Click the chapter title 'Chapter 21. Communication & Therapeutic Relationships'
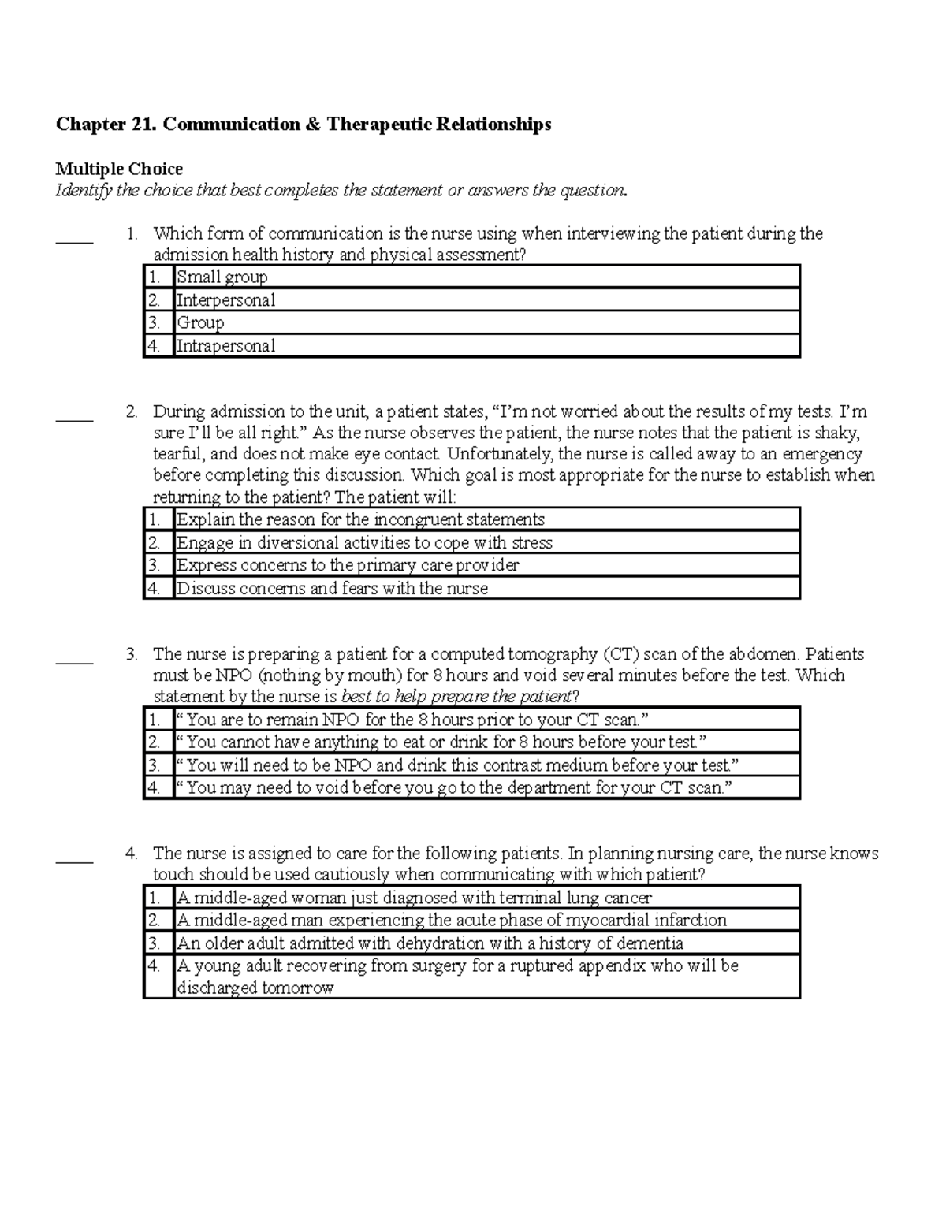tap(303, 125)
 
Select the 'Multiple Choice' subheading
tap(118, 169)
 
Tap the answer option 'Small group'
tap(222, 277)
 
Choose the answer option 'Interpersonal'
tap(225, 300)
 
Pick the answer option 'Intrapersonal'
tap(225, 346)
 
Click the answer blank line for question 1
tap(75, 240)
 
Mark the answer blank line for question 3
tap(75, 661)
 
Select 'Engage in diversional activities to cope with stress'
tap(363, 543)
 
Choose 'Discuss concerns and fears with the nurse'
tap(332, 589)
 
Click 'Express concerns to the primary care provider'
tap(348, 566)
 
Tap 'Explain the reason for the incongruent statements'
tap(360, 520)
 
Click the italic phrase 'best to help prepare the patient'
tap(455, 697)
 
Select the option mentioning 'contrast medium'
tap(457, 765)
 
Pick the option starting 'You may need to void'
tap(454, 788)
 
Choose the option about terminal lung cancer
tap(414, 898)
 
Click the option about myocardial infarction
tap(451, 921)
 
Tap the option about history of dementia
tap(430, 943)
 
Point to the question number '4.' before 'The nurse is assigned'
tap(132, 854)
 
